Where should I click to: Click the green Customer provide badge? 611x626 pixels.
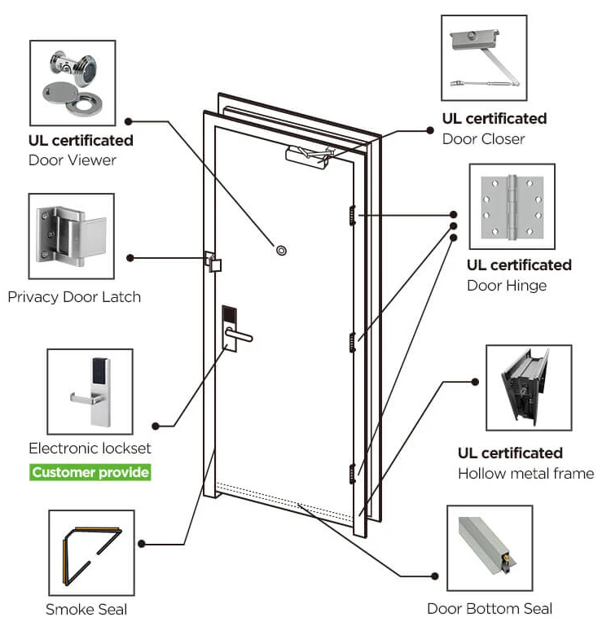pos(90,472)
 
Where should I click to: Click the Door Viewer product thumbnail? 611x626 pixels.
pos(71,81)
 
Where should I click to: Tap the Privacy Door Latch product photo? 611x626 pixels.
pos(71,236)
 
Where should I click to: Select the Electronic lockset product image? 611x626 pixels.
pos(90,392)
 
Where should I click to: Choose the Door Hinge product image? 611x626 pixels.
pos(512,207)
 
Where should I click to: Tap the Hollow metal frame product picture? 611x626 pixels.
pos(529,387)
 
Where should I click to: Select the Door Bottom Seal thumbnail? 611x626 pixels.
pos(490,547)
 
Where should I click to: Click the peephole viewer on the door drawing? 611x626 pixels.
pos(282,250)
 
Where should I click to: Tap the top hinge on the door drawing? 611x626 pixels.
pos(352,215)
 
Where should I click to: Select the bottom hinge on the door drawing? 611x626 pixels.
pos(352,473)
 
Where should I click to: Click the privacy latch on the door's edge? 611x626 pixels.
pos(213,262)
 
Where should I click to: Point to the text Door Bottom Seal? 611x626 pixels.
pos(490,608)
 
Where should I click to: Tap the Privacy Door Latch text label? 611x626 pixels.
pos(74,297)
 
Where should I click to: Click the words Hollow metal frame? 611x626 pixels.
pos(525,473)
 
